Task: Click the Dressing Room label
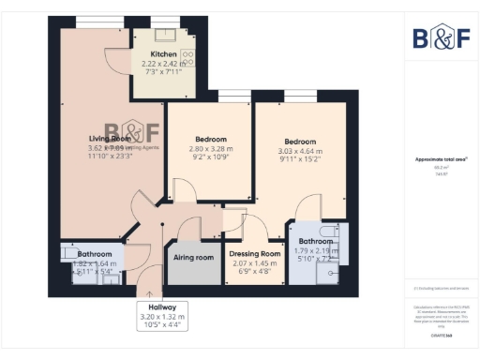pyautogui.click(x=255, y=254)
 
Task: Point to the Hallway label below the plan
pyautogui.click(x=162, y=307)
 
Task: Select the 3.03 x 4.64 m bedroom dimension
pyautogui.click(x=300, y=151)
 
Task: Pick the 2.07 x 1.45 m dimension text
pyautogui.click(x=255, y=263)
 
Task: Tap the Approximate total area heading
pyautogui.click(x=442, y=159)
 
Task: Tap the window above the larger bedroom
pyautogui.click(x=303, y=97)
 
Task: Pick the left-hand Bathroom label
pyautogui.click(x=95, y=254)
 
